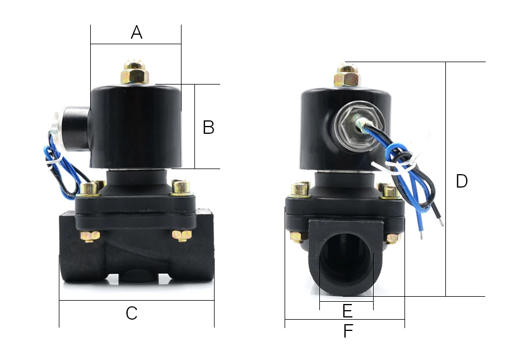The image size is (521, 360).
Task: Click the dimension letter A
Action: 137,32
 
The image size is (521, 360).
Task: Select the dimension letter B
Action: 208,127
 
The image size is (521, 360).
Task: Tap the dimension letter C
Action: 132,313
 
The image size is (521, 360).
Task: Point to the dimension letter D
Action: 462,181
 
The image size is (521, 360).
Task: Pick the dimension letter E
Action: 347,311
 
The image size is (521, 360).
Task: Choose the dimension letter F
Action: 348,331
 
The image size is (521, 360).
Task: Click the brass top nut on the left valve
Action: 134,72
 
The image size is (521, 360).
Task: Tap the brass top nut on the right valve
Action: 347,76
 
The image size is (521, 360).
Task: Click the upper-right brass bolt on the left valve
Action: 181,187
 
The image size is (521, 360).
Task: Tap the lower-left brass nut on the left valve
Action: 90,236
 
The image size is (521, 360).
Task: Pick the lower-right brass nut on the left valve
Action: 182,236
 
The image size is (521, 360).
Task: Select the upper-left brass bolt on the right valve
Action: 300,189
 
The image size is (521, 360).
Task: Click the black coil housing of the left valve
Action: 136,127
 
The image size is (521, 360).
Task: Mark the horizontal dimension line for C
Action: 137,300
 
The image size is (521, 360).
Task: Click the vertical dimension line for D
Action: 446,179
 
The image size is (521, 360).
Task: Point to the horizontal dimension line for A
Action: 136,44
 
